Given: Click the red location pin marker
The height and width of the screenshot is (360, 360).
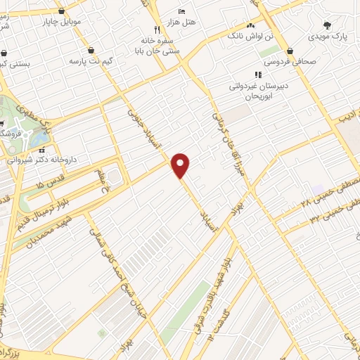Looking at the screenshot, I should [181, 165].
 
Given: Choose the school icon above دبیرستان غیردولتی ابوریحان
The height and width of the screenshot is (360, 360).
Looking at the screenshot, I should [258, 75].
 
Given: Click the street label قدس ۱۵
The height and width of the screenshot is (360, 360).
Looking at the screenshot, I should [42, 184].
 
